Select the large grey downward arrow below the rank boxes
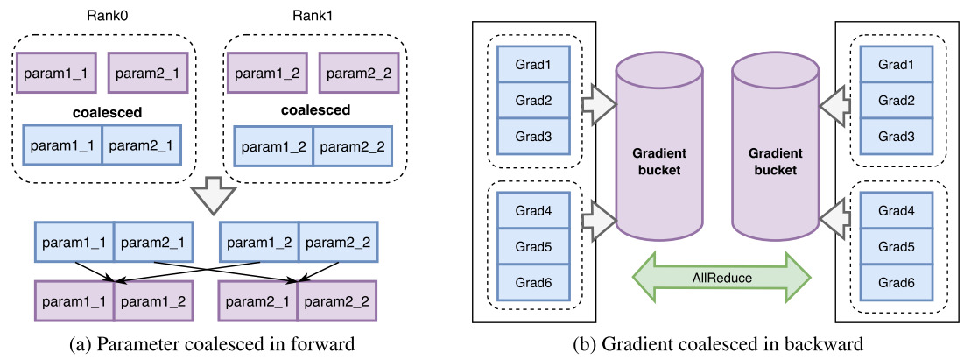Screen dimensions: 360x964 coord(211,194)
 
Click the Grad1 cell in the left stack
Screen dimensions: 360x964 coord(533,64)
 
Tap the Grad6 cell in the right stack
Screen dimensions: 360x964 coord(896,284)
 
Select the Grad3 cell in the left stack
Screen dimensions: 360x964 coord(533,136)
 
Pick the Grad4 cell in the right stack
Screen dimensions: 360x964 coord(896,210)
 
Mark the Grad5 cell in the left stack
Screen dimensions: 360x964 coord(533,247)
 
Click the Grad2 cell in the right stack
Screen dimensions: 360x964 coord(896,100)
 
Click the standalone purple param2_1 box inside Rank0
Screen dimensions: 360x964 coord(144,74)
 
